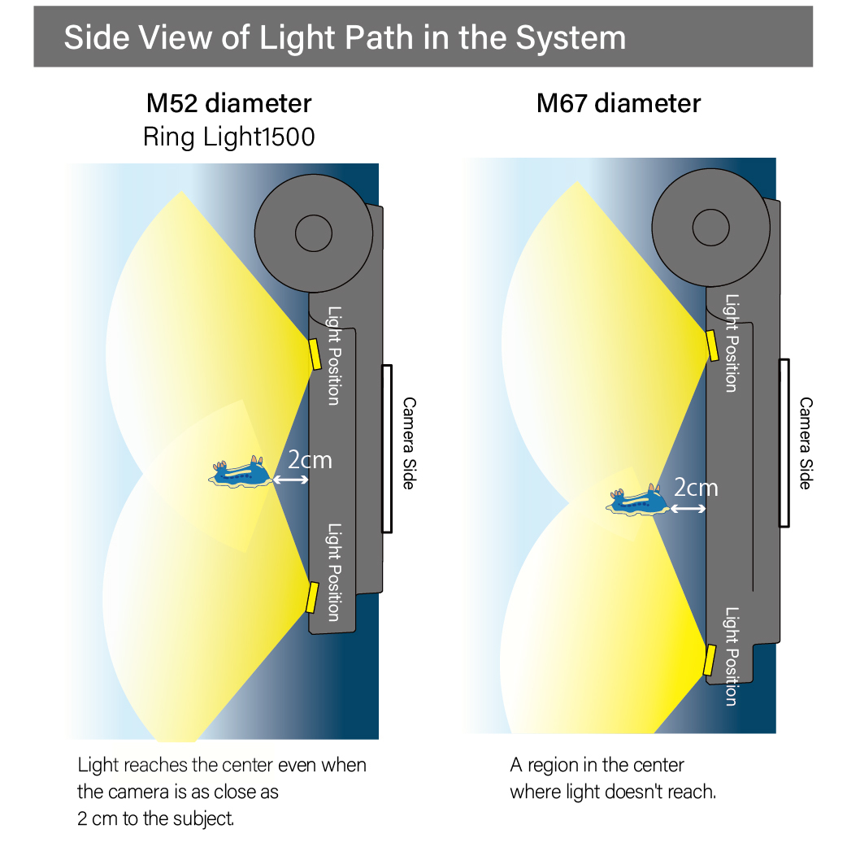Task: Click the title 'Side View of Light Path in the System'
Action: point(345,37)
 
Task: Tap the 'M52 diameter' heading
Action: point(228,103)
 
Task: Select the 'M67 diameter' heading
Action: point(618,103)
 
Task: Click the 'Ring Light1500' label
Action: point(228,137)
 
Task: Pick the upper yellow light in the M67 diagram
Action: point(711,345)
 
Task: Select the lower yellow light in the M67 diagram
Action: point(709,659)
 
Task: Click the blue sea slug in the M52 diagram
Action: point(241,474)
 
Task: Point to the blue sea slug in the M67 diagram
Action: point(639,501)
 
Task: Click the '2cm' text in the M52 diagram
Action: point(310,460)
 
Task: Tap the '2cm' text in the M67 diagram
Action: point(696,487)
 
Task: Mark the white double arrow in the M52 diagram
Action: point(290,480)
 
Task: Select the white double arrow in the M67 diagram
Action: point(688,508)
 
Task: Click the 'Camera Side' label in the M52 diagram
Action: point(409,442)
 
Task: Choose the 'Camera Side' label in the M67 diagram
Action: point(805,442)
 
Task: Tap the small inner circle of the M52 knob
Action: point(313,234)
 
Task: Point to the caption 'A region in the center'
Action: point(597,765)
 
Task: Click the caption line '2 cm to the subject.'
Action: point(156,818)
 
